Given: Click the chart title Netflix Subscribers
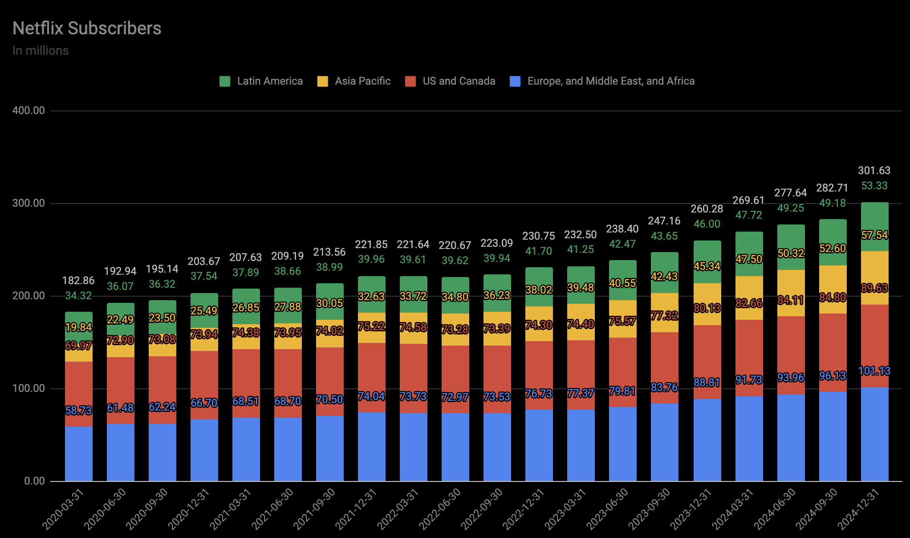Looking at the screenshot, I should click(x=87, y=29).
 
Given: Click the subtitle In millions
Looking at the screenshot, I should click(x=41, y=51).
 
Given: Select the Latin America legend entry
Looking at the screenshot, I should click(x=261, y=81).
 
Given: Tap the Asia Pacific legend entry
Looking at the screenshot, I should click(x=354, y=81).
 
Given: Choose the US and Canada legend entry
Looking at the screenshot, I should click(x=450, y=81).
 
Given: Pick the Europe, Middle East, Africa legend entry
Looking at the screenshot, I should click(x=602, y=81).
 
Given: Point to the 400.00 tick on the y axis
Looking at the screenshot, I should click(x=29, y=110).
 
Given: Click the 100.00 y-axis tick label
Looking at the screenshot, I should click(x=29, y=388).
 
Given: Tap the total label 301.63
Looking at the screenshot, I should click(x=874, y=171).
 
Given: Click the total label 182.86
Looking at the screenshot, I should click(x=78, y=281).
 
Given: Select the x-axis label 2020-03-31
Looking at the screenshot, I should click(x=63, y=509).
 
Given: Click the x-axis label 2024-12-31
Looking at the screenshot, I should click(x=858, y=509).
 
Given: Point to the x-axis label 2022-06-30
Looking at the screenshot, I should click(x=440, y=509).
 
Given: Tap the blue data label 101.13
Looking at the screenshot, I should click(x=874, y=371).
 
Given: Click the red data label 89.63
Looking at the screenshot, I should click(x=874, y=288).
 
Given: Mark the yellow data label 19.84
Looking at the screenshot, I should click(x=78, y=327).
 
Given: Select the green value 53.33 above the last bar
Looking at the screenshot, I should click(x=874, y=186).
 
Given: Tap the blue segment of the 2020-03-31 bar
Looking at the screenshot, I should click(x=79, y=454).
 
